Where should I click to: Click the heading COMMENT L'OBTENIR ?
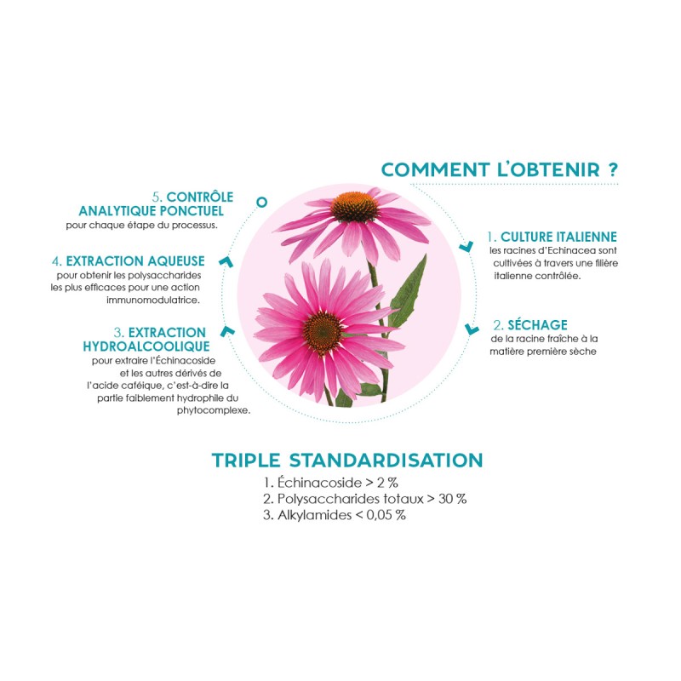click(x=500, y=169)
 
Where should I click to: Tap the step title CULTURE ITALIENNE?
click(x=558, y=237)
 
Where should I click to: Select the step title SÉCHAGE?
click(x=538, y=325)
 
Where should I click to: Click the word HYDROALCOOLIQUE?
click(x=146, y=346)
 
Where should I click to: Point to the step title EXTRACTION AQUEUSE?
click(x=135, y=261)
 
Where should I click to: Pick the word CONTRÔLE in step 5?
click(x=200, y=197)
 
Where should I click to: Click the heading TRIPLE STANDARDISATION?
click(x=347, y=461)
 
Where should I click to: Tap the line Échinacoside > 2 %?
click(x=330, y=483)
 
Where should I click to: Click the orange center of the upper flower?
click(x=354, y=207)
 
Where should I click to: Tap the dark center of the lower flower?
click(x=323, y=331)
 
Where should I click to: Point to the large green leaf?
click(x=408, y=293)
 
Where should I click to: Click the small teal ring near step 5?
click(x=261, y=202)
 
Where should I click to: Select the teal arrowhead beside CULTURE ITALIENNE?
click(x=466, y=247)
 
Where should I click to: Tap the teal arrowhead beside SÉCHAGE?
click(x=472, y=329)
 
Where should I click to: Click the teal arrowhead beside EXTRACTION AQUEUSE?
click(x=226, y=261)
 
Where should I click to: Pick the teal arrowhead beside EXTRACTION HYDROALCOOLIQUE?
click(x=227, y=331)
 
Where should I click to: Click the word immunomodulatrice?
click(x=153, y=300)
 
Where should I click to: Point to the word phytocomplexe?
click(x=214, y=411)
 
